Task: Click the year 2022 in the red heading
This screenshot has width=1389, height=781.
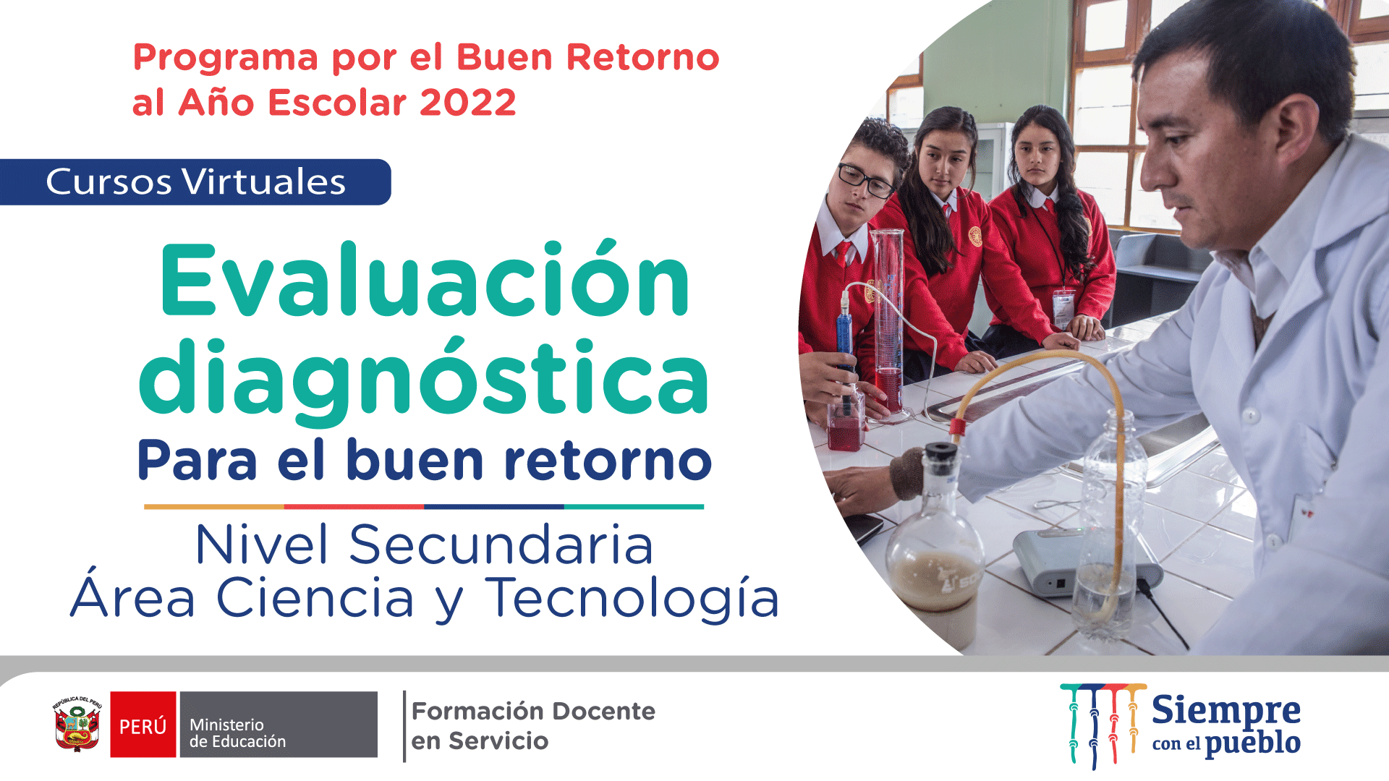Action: (467, 102)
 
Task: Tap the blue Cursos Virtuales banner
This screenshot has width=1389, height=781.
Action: (195, 182)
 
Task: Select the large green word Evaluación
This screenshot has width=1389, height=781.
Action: (425, 281)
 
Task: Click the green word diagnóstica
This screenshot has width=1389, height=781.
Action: (424, 381)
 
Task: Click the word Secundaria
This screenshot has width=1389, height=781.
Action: (501, 544)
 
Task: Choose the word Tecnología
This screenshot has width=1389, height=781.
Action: (632, 599)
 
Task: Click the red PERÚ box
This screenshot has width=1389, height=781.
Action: (143, 725)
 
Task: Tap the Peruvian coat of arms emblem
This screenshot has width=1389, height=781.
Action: (77, 725)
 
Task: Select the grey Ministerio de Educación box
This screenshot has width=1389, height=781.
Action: (279, 725)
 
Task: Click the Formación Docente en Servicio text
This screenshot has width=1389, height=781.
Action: (533, 725)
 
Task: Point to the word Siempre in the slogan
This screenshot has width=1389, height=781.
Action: (1226, 711)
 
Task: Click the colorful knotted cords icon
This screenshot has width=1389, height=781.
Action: (1103, 725)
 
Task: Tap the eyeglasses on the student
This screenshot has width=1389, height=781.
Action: (865, 180)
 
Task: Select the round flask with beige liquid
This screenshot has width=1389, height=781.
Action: (935, 542)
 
